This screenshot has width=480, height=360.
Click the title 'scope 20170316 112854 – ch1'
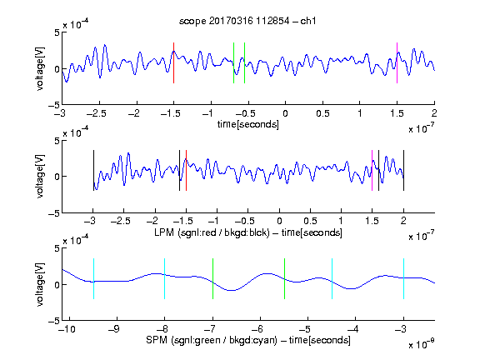tap(247, 21)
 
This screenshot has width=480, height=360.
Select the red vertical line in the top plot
tap(173, 62)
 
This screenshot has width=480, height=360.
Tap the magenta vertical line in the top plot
tap(397, 62)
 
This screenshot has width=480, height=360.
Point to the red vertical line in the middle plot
tap(186, 170)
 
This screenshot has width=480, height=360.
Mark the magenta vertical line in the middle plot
tap(372, 170)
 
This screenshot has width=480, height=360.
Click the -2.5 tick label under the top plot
tap(97, 113)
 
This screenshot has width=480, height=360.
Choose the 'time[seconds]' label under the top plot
tap(248, 124)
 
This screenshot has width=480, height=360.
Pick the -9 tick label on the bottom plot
tap(114, 329)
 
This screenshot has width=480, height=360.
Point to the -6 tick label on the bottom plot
tap(257, 329)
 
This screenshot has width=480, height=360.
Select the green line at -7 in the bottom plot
tap(212, 278)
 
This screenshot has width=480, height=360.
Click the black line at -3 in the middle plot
tap(93, 170)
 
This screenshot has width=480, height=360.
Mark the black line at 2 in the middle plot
tap(403, 170)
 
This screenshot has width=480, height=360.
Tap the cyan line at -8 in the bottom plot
tap(165, 278)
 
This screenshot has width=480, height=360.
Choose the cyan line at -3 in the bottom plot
tap(403, 278)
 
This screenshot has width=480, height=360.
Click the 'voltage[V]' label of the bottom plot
tap(40, 284)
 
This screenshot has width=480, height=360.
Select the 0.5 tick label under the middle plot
tap(310, 221)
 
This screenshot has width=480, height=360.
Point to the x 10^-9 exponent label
tap(421, 344)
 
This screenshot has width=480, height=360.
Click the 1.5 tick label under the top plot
tap(397, 113)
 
